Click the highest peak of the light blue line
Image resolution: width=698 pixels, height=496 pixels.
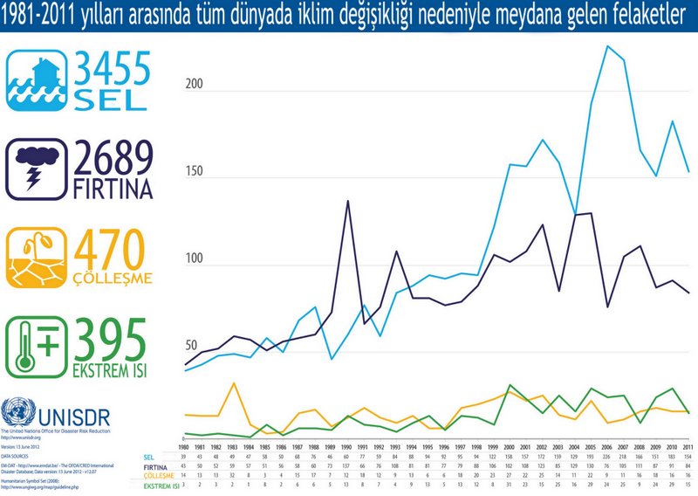[x=606, y=46]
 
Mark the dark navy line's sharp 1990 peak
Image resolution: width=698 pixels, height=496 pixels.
[x=348, y=201]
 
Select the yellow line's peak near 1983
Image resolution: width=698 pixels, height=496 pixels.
[x=234, y=383]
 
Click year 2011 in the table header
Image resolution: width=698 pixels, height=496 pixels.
[x=689, y=445]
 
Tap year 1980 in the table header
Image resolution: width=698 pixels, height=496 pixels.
[x=184, y=445]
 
